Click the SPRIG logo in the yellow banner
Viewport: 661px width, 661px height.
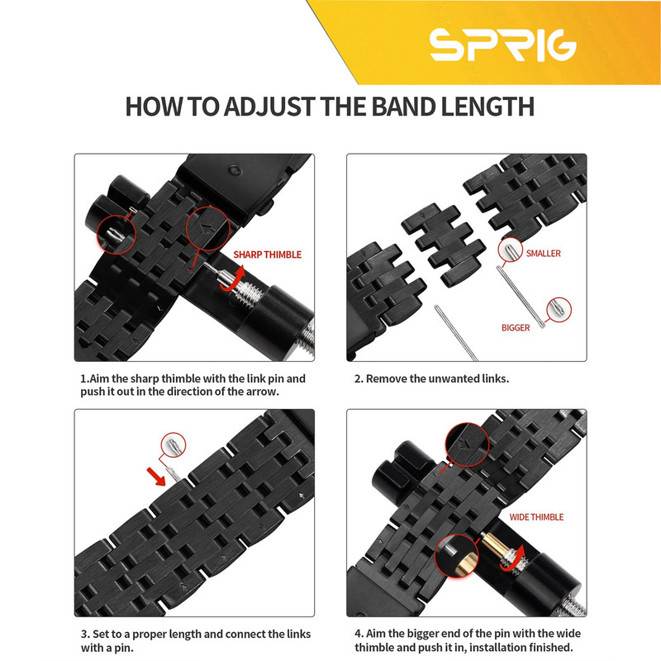[x=502, y=45]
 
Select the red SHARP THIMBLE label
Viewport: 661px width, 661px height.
[x=267, y=254]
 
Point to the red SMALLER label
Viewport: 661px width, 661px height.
[x=543, y=254]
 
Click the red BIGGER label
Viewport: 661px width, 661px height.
[x=515, y=327]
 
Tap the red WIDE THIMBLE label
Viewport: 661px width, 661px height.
[x=536, y=517]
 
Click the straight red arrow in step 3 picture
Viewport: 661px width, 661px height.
[x=156, y=477]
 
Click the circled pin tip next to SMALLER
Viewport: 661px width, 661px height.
[x=510, y=250]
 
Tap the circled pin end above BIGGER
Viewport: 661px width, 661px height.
[x=559, y=310]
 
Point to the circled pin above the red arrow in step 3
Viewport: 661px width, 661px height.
[x=174, y=445]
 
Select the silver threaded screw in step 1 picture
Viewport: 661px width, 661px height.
[x=246, y=290]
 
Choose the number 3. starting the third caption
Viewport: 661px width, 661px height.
[x=85, y=634]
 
